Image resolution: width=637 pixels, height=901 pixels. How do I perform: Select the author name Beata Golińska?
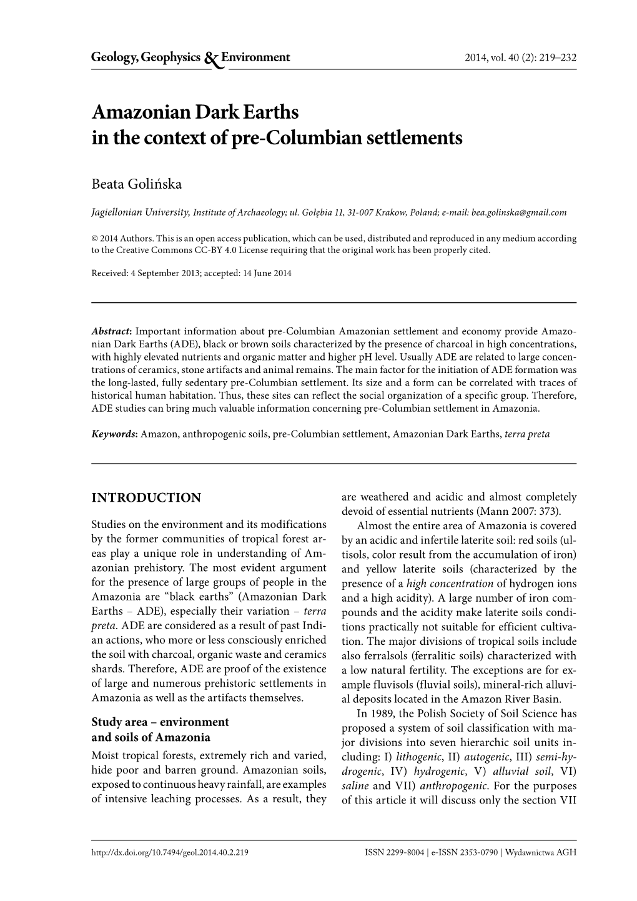[137, 184]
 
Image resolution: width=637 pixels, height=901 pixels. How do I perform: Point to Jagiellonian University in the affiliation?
[141, 212]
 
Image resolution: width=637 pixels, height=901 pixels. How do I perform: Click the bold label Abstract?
[111, 332]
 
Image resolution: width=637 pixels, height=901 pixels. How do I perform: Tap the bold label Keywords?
[115, 434]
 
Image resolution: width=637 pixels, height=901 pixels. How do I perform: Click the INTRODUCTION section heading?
[146, 498]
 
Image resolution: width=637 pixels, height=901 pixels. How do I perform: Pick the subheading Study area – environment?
[160, 722]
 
